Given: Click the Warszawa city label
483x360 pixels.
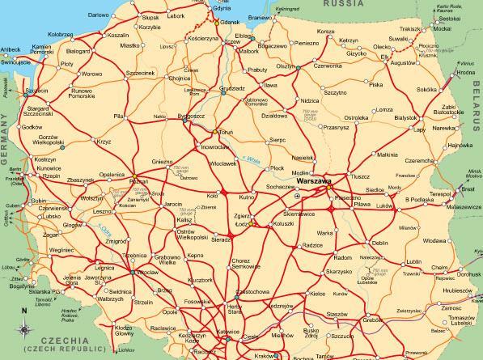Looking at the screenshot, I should click(x=314, y=182).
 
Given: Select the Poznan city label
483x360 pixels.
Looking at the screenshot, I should click(x=135, y=182).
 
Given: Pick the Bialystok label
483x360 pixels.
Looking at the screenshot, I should click(x=405, y=117).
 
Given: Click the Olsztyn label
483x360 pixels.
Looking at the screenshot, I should click(x=286, y=66).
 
